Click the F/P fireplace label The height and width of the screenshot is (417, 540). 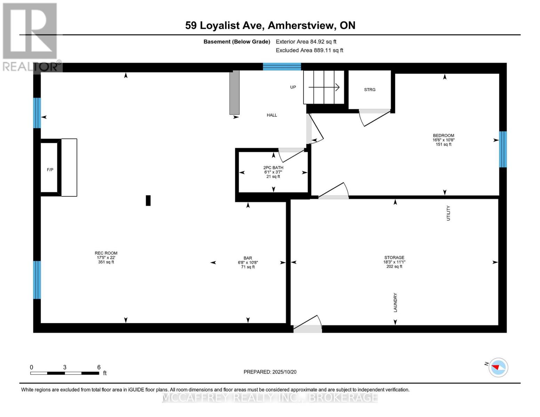pos(50,170)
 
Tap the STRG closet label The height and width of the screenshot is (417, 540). pos(370,89)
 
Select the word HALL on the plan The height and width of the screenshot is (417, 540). pos(272,115)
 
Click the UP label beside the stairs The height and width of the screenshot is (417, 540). pos(293,87)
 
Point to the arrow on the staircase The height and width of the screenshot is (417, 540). pos(324,87)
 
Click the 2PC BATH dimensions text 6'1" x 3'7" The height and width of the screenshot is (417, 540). pos(273,172)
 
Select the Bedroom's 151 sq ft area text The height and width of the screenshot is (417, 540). pos(443,144)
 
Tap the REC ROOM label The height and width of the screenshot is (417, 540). pos(106,253)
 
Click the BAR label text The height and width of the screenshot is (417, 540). pos(248,258)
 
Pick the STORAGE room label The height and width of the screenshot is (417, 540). pos(394,257)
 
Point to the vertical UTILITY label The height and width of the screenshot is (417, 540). pos(448,213)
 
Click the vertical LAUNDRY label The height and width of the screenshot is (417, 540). pos(395,303)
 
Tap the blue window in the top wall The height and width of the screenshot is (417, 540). pos(282,67)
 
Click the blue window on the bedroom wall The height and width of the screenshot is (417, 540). pos(503,149)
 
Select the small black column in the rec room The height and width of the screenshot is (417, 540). pos(148,201)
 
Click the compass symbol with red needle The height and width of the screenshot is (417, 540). pos(498,368)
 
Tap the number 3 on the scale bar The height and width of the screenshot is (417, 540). pos(65,367)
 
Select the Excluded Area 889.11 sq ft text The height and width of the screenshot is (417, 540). pos(309,50)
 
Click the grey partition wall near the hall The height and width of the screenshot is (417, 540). pos(234,92)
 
